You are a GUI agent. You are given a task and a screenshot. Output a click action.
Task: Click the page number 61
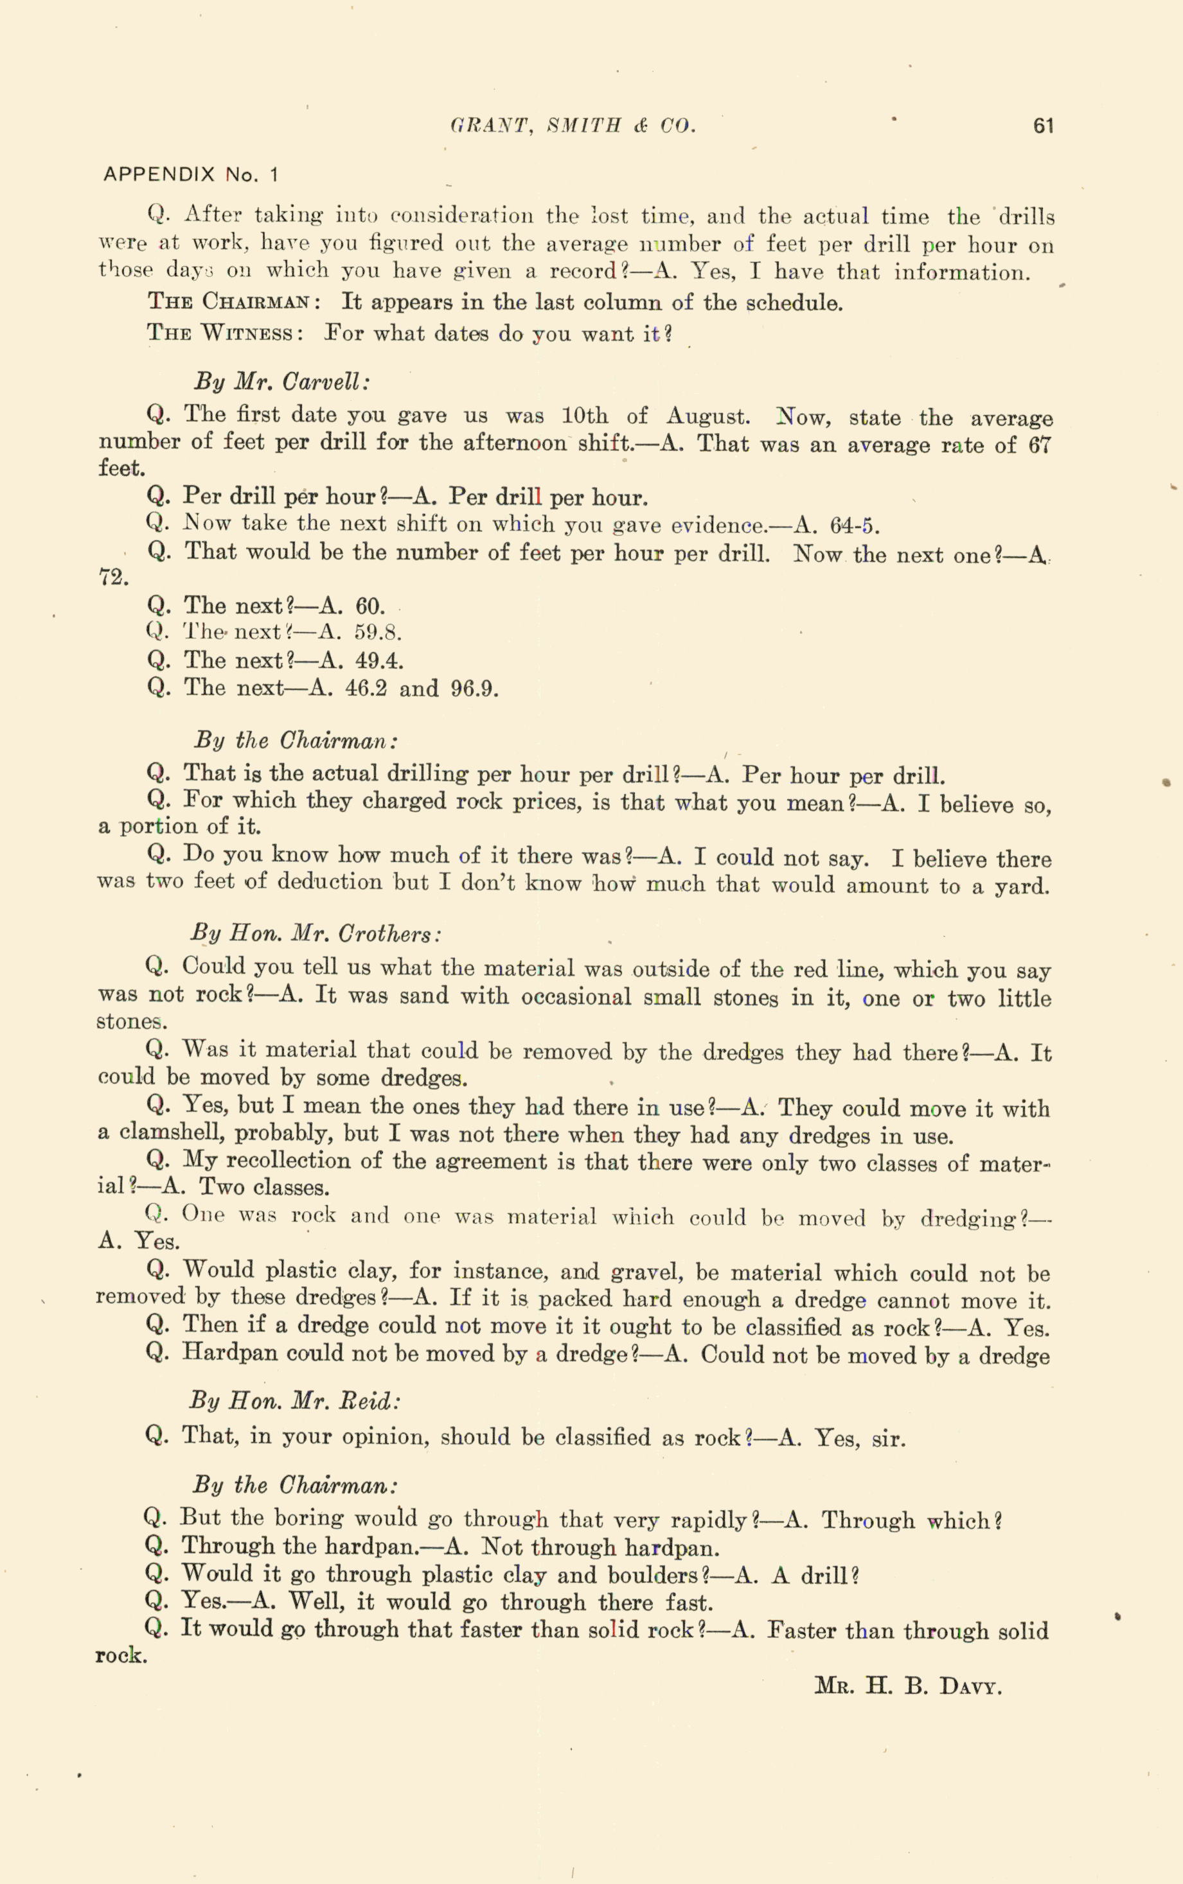pyautogui.click(x=1043, y=126)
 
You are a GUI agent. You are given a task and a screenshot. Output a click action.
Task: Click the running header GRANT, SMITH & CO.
pyautogui.click(x=573, y=126)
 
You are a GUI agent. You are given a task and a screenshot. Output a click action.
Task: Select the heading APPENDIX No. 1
pyautogui.click(x=190, y=175)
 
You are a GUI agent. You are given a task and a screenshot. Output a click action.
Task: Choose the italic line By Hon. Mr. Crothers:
pyautogui.click(x=316, y=934)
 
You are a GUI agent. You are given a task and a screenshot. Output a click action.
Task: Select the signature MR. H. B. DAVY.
pyautogui.click(x=907, y=1686)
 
